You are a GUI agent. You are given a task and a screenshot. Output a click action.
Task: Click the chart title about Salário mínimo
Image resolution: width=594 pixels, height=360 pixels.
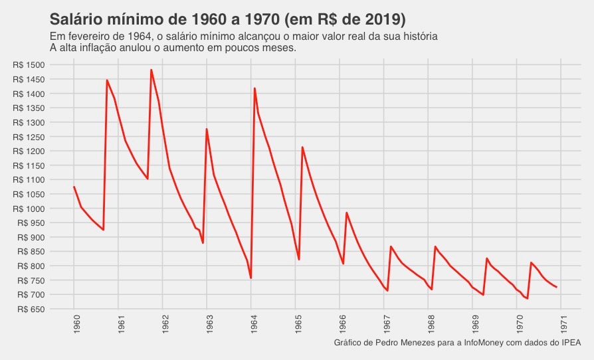pos(228,18)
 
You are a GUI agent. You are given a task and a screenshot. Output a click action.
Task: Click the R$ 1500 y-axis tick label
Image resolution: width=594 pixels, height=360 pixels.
pos(28,65)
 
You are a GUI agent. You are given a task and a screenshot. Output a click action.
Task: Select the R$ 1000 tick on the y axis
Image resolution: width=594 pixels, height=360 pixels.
pos(28,209)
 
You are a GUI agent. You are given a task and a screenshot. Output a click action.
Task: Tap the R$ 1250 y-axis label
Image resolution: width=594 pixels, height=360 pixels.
pos(28,137)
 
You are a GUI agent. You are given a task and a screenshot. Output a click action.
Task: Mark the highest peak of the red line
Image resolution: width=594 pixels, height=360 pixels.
pos(151,70)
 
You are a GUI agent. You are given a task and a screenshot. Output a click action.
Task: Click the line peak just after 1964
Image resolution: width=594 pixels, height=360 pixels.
pos(254,88)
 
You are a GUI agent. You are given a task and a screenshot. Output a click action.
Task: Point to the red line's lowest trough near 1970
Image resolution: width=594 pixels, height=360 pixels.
pos(528,299)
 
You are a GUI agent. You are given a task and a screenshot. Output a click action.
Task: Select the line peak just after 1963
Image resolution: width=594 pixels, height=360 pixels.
pos(207,129)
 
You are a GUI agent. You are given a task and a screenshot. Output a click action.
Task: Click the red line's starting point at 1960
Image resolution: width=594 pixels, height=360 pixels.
pos(74,187)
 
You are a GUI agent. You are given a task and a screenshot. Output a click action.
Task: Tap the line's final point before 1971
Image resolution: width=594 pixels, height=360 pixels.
pos(557,287)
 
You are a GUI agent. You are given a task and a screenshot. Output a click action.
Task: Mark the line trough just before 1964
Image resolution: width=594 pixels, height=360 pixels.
pos(250,278)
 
